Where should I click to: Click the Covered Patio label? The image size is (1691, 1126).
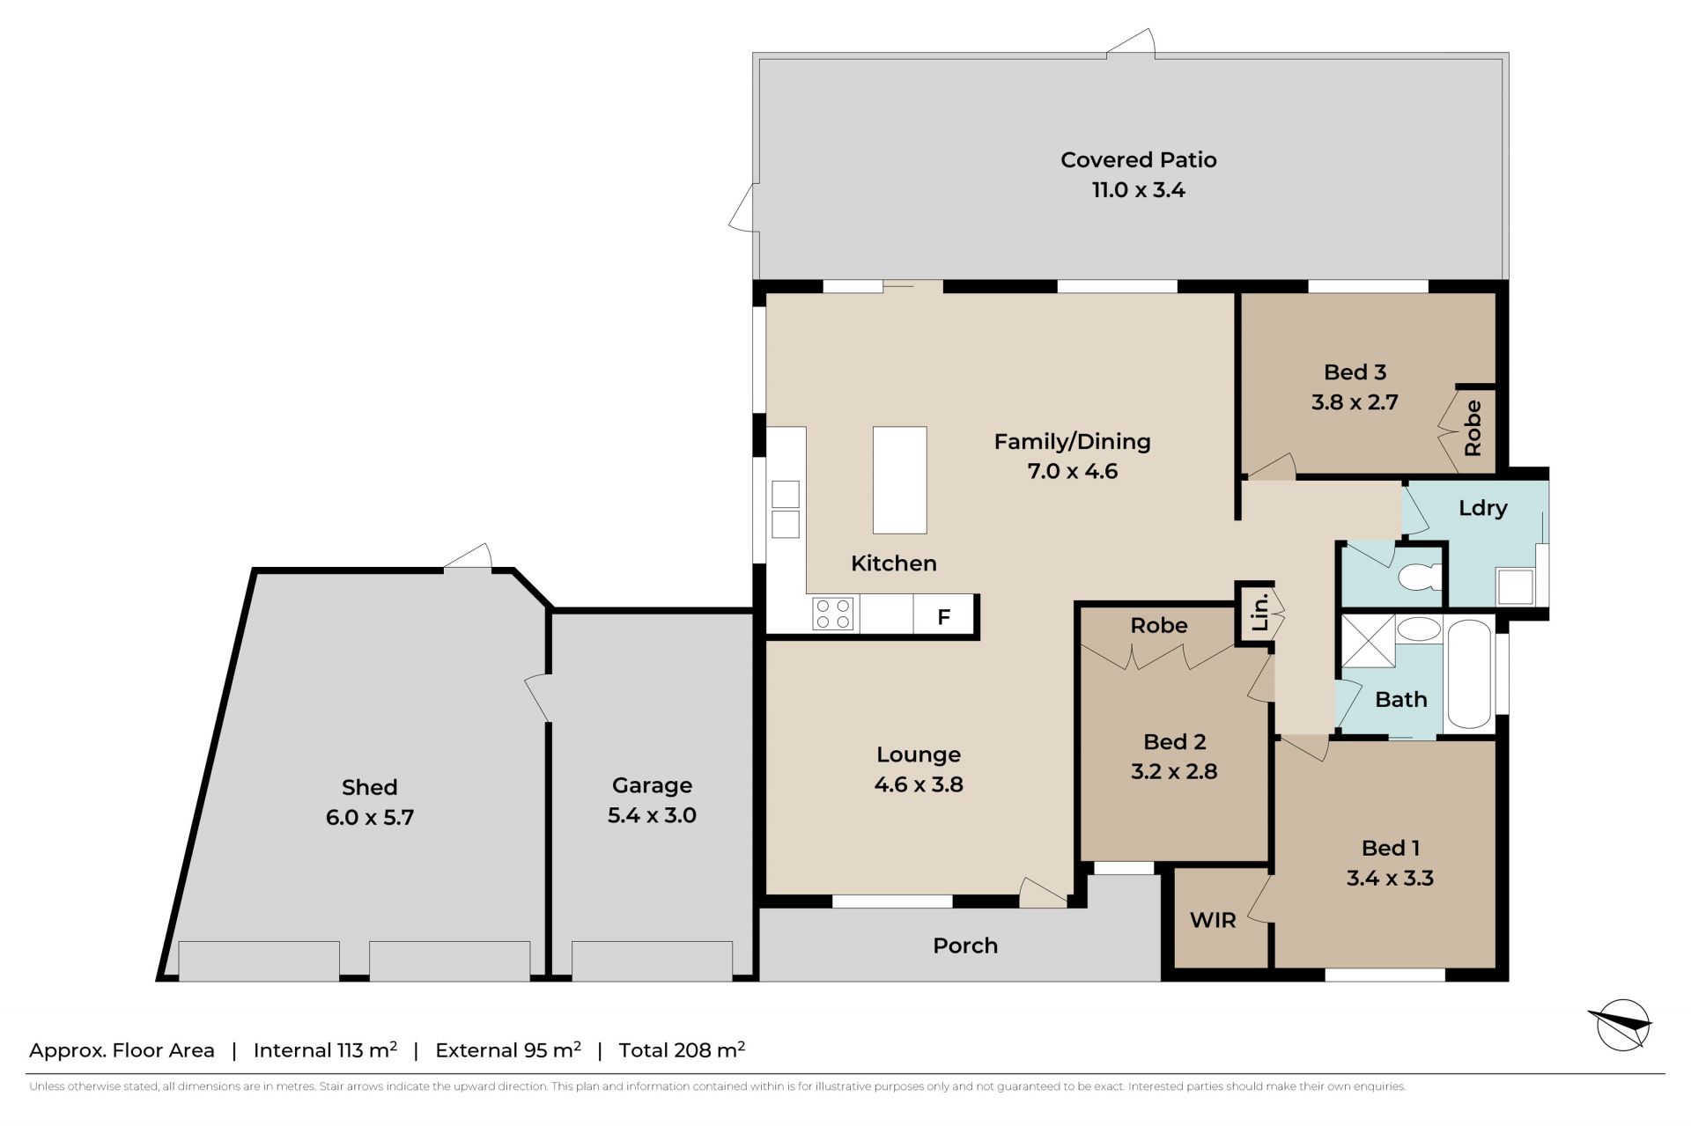[1138, 160]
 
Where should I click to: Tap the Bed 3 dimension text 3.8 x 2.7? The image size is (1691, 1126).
[1355, 402]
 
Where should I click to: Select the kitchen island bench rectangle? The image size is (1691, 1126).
[899, 480]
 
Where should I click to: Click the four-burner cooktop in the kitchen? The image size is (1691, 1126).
[833, 614]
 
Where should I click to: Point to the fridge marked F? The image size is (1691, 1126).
[943, 615]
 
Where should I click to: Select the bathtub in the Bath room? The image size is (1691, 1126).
[1469, 676]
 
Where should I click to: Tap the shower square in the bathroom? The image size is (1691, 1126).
[1368, 642]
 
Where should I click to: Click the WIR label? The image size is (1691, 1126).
[1213, 921]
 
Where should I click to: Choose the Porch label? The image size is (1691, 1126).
[965, 946]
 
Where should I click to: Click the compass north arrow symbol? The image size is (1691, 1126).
[1621, 1025]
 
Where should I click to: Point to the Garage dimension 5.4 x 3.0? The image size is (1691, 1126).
[652, 815]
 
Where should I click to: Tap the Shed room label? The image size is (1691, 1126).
[369, 787]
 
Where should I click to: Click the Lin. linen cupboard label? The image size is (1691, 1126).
[1259, 612]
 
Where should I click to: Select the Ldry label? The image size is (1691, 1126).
[1483, 508]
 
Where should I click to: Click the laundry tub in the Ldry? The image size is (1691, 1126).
[1516, 587]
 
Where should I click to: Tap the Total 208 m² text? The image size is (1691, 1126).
[683, 1049]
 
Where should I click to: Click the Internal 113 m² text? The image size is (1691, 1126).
[325, 1049]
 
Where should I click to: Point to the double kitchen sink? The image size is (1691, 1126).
[786, 509]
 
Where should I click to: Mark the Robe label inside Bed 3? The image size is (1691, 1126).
[1473, 428]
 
